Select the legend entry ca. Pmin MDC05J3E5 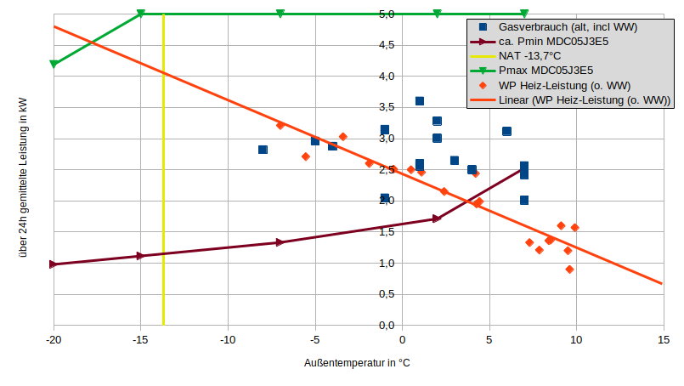[x=552, y=41]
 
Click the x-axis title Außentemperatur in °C [x=357, y=363]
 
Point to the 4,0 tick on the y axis [x=386, y=77]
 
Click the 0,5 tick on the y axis [x=386, y=294]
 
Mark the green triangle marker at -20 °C [x=54, y=64]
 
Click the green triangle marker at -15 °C [x=141, y=14]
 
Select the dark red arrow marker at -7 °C [x=280, y=242]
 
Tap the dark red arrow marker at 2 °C [x=437, y=219]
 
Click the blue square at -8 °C [x=263, y=150]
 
